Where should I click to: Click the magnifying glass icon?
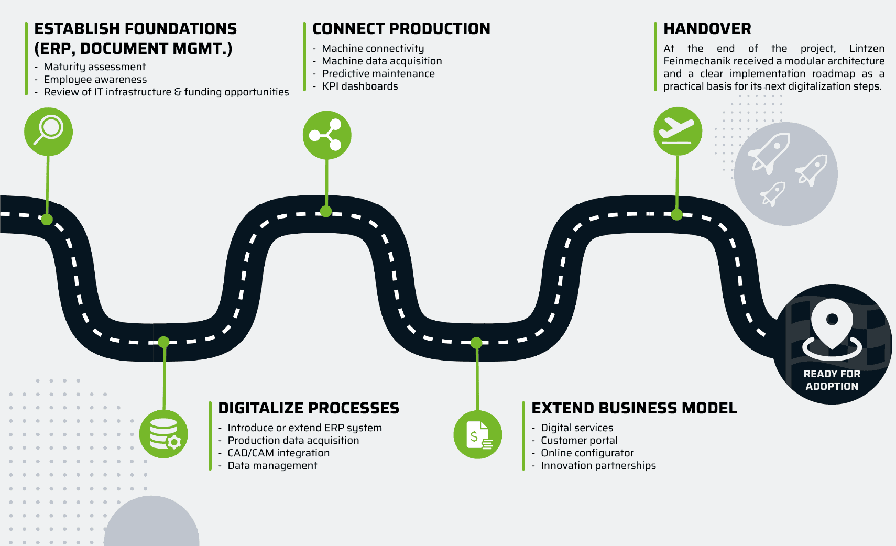(48, 131)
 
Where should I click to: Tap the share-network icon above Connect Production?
(326, 135)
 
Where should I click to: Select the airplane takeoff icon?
(678, 131)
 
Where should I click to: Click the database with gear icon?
(164, 434)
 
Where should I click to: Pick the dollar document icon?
(477, 434)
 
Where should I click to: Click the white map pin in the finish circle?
(832, 325)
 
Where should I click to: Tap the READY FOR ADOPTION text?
(832, 380)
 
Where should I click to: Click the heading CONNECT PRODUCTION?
(401, 29)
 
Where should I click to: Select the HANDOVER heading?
(707, 29)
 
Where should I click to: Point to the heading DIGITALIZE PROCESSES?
(308, 408)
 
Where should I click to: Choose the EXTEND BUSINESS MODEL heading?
(633, 408)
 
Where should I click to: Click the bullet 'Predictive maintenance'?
(378, 74)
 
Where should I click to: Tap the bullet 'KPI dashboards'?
(359, 86)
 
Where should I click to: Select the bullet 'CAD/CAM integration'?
(278, 453)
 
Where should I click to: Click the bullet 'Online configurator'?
(587, 453)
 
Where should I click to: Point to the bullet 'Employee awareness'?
(95, 80)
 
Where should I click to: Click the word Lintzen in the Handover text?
(866, 49)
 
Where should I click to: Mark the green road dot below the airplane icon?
(676, 214)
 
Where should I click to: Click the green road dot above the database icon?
(163, 342)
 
